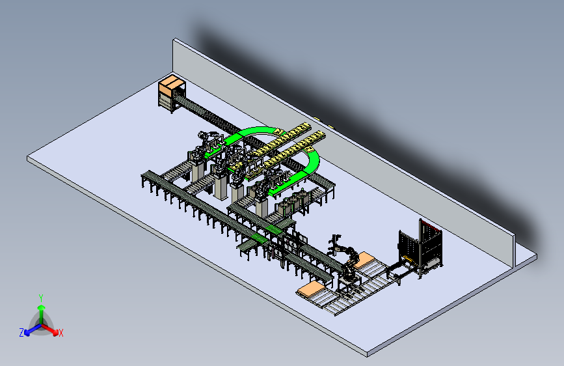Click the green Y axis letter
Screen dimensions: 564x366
click(x=41, y=298)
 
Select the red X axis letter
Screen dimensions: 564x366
click(x=60, y=333)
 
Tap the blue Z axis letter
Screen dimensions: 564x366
click(x=21, y=333)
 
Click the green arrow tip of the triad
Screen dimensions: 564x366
click(x=42, y=307)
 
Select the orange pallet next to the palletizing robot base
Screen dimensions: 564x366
click(x=364, y=260)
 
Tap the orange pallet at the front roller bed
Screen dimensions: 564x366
click(x=311, y=289)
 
